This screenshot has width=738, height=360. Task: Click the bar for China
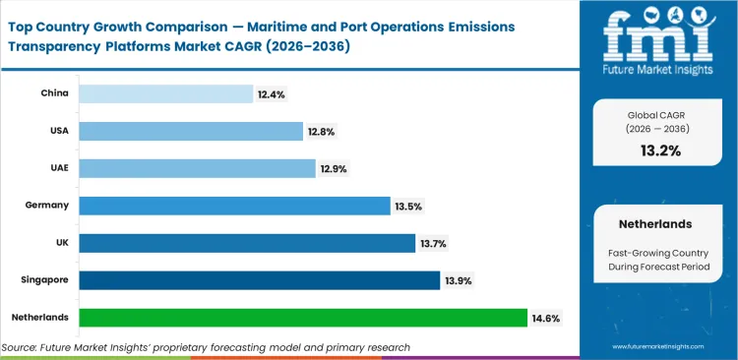pyautogui.click(x=165, y=93)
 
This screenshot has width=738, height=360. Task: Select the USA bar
pyautogui.click(x=190, y=131)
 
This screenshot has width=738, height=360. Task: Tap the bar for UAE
pyautogui.click(x=197, y=168)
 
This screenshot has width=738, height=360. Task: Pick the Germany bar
pyautogui.click(x=234, y=206)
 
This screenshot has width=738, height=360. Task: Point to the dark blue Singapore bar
pyautogui.click(x=259, y=280)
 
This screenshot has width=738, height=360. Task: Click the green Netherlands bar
pyautogui.click(x=302, y=318)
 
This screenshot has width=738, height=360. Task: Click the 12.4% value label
pyautogui.click(x=272, y=93)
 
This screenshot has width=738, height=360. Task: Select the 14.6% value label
pyautogui.click(x=546, y=318)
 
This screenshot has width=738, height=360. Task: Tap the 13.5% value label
pyautogui.click(x=408, y=206)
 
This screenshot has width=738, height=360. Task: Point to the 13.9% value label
pyautogui.click(x=458, y=280)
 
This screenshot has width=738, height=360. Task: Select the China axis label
pyautogui.click(x=54, y=93)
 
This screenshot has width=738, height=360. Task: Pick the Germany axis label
pyautogui.click(x=47, y=206)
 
